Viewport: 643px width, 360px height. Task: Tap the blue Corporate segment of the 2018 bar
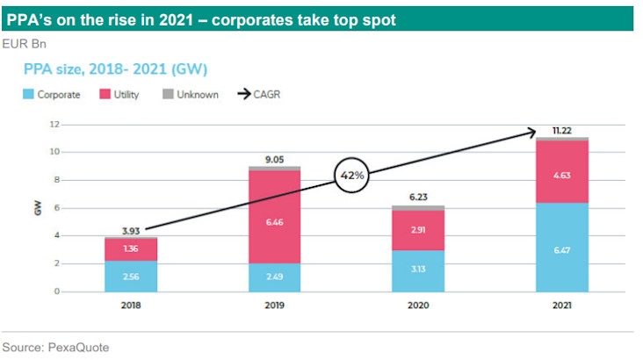(130, 276)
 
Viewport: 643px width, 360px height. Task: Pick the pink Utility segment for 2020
(417, 230)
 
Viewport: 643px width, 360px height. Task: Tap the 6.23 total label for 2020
(417, 198)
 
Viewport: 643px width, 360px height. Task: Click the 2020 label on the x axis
(417, 306)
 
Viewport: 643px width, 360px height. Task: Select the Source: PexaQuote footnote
(54, 347)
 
